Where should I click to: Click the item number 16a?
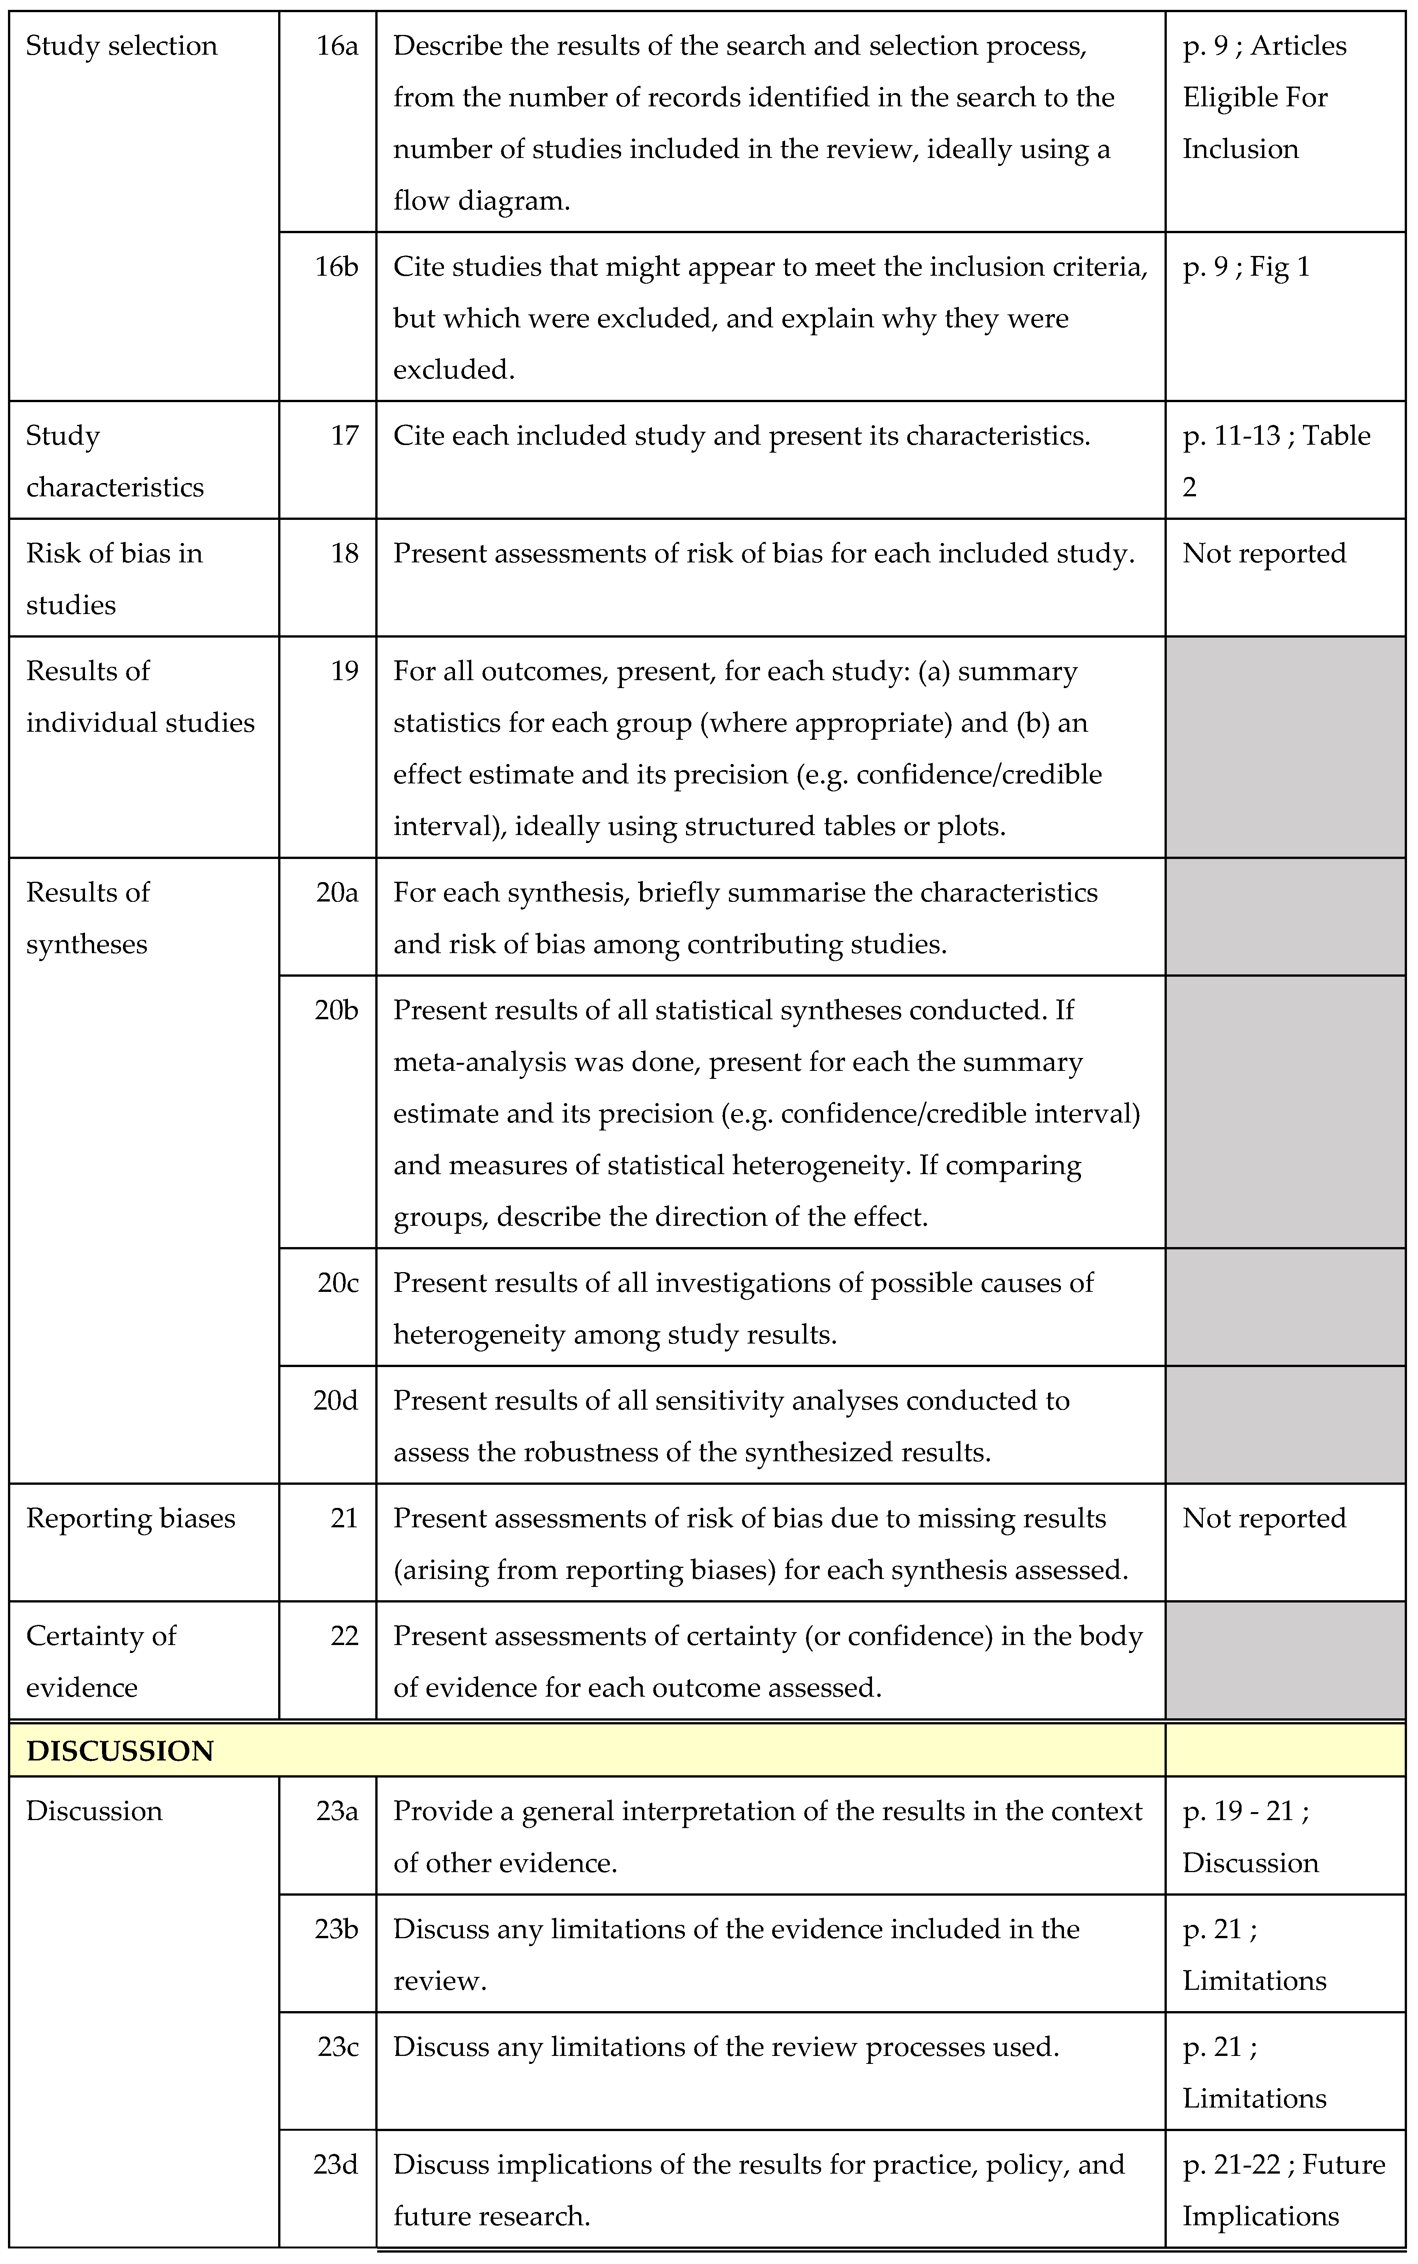pos(337,46)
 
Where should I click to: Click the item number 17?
pos(344,435)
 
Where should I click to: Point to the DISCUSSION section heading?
pos(120,1751)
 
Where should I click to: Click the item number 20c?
pos(338,1283)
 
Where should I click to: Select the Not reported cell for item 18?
pos(1263,554)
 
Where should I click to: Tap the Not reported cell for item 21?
pos(1263,1518)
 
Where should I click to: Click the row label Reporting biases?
pos(131,1518)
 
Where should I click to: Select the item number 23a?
pos(337,1811)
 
